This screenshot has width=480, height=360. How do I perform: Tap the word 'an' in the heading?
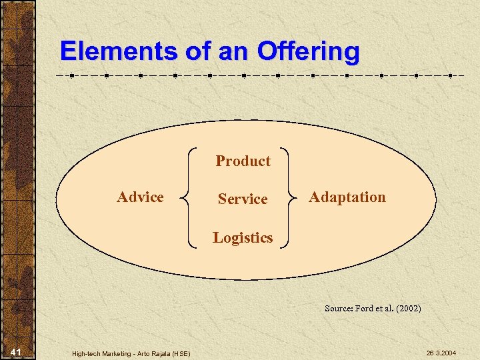[231, 51]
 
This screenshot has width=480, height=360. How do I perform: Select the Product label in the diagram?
[243, 161]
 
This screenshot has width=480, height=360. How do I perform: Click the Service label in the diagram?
[243, 199]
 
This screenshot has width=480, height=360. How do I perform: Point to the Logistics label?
[243, 238]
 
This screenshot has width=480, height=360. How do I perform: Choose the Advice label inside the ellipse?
[140, 197]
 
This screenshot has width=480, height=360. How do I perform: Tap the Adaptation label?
[347, 197]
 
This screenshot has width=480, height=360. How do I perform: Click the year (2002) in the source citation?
[408, 309]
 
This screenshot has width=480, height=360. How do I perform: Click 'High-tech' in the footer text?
[85, 353]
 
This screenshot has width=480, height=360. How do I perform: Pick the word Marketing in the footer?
[117, 353]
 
